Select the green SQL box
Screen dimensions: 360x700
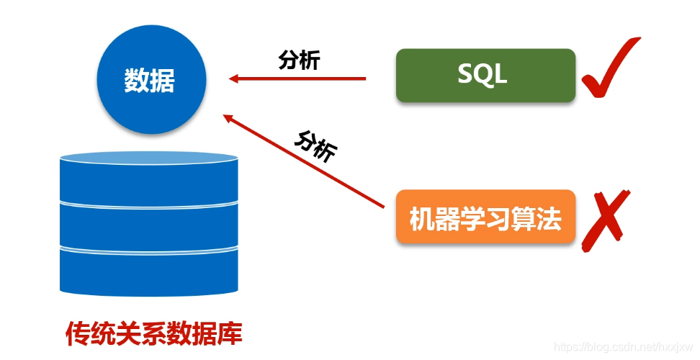click(485, 75)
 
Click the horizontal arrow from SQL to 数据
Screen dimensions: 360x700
click(298, 78)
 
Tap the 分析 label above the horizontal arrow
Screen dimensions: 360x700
click(299, 61)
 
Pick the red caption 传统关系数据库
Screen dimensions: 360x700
click(154, 333)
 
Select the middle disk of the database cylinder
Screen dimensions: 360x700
click(148, 225)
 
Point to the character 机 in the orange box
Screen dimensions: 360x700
click(422, 218)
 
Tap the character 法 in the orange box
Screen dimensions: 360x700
click(549, 218)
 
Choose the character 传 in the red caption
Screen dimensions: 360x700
click(77, 333)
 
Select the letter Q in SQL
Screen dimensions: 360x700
click(483, 75)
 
